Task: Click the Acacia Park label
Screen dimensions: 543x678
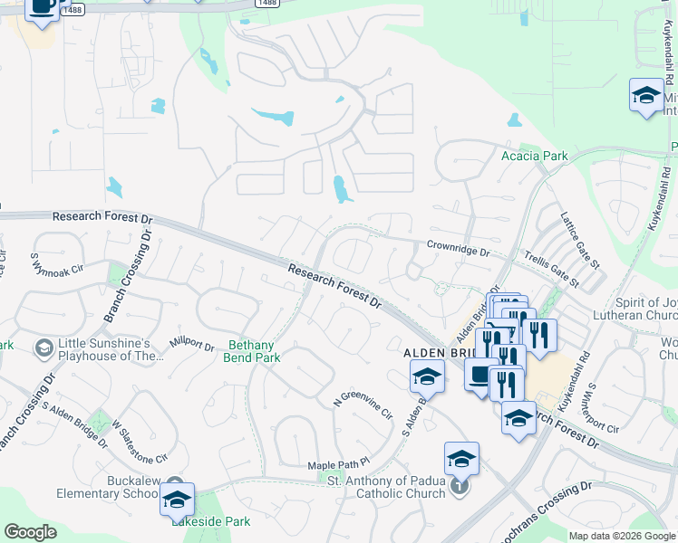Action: coord(535,156)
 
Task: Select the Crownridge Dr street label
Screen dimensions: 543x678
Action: coord(458,246)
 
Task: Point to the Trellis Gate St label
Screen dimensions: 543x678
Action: coord(551,270)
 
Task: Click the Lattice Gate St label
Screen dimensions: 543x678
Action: coord(580,241)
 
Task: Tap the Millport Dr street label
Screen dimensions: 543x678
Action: coord(190,346)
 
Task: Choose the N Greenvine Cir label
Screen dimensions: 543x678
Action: coord(363,403)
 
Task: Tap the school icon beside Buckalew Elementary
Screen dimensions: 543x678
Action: coord(178,500)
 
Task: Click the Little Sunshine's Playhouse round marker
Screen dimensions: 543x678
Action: coord(44,348)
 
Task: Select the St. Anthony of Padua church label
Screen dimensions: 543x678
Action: coord(386,487)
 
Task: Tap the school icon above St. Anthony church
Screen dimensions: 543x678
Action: coord(461,459)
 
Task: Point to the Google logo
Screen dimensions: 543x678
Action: coord(30,531)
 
